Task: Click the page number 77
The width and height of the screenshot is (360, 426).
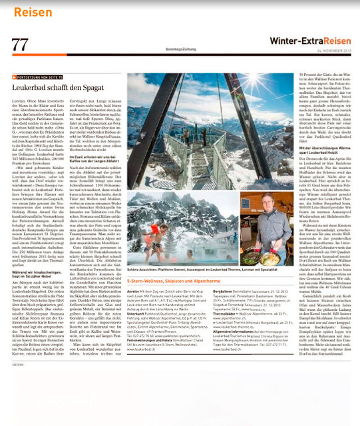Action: [x=20, y=44]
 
